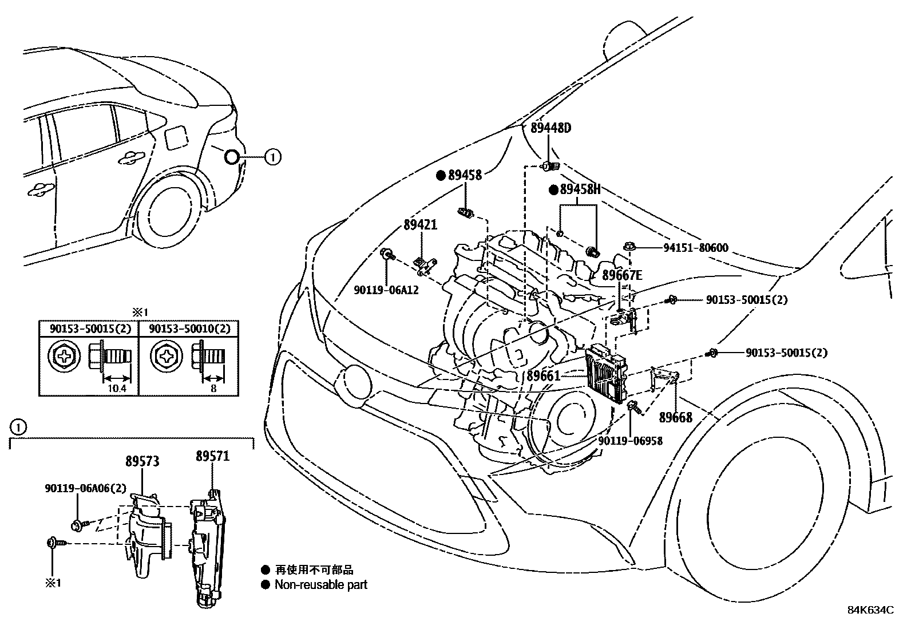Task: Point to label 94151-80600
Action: click(x=696, y=248)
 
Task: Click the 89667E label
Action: click(x=622, y=275)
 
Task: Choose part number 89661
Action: click(x=544, y=375)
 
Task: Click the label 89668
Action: click(x=675, y=418)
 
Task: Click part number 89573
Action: click(x=142, y=461)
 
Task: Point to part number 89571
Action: click(x=212, y=456)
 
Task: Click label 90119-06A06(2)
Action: click(x=85, y=488)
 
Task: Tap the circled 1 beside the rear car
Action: click(x=273, y=156)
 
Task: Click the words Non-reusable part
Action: click(x=320, y=585)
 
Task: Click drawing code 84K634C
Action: click(x=870, y=610)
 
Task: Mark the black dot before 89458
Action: click(x=441, y=176)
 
